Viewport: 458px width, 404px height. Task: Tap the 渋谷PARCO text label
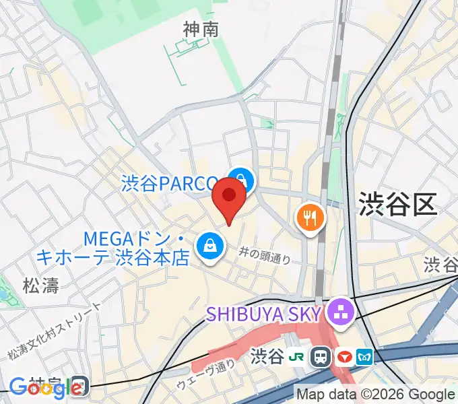(x=170, y=183)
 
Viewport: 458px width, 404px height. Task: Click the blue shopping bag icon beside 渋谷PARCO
(x=240, y=180)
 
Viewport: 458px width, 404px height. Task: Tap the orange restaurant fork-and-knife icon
(x=310, y=217)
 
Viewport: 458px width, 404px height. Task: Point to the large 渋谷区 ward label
(x=397, y=204)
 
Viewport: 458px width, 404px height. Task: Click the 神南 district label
(x=201, y=29)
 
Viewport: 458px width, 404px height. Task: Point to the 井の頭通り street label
(x=265, y=255)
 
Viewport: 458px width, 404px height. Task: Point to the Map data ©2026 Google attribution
(x=376, y=395)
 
